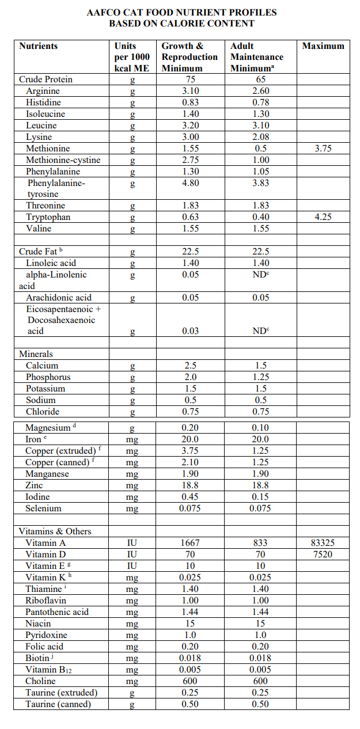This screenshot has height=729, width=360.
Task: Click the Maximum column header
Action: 323,46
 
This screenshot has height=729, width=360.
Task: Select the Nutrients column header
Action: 39,46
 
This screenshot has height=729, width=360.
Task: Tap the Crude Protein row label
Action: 46,79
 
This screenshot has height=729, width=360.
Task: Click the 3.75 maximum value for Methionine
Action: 323,149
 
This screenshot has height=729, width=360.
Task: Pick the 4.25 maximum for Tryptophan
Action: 323,217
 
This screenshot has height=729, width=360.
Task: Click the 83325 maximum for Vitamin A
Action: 323,542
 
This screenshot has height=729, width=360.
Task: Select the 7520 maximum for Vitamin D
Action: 323,554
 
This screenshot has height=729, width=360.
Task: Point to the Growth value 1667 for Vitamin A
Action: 190,542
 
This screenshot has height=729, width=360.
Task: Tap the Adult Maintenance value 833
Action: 260,542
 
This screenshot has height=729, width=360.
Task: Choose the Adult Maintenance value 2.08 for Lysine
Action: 260,137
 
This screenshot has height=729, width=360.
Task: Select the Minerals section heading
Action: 36,354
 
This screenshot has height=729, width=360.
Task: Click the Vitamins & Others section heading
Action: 55,531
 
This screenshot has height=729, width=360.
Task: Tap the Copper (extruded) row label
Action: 60,451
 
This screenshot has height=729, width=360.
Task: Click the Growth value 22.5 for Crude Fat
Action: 190,252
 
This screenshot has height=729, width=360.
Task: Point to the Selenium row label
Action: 43,508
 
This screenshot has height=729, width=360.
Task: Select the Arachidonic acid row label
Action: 59,298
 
